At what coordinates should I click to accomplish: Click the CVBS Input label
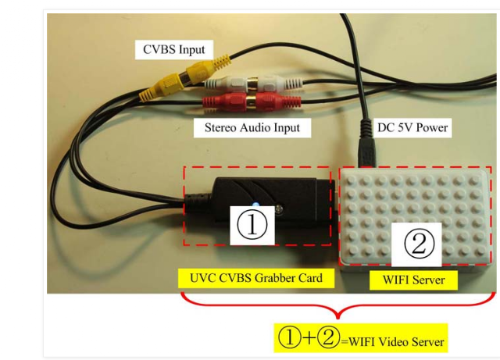[173, 49]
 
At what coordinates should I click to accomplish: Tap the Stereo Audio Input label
[252, 127]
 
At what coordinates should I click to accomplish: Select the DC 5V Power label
[412, 127]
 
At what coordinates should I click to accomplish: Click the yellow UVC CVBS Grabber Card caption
[256, 278]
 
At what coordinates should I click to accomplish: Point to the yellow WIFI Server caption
[413, 280]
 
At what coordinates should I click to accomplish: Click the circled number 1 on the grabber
[252, 224]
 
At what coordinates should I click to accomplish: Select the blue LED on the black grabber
[255, 204]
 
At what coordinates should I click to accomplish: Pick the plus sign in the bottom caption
[309, 338]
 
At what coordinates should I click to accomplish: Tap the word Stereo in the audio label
[220, 127]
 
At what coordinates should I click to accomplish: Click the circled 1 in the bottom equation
[290, 337]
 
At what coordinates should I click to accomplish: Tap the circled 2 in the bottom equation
[328, 337]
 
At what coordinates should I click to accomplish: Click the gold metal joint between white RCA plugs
[252, 84]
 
